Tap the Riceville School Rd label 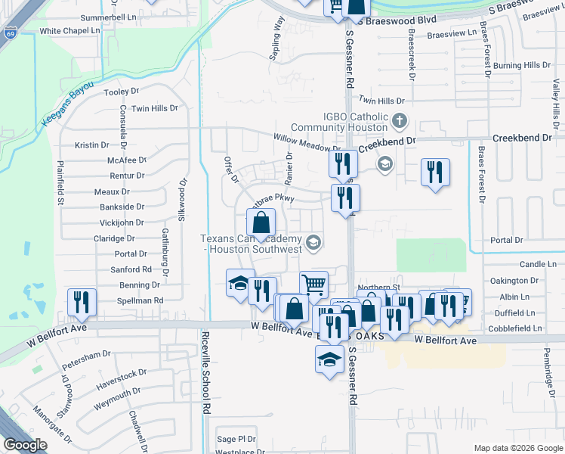pos(205,371)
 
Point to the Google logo pos(26,445)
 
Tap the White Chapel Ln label pos(69,31)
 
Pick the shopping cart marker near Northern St pos(313,284)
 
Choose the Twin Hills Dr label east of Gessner pos(381,101)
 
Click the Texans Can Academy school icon pos(314,242)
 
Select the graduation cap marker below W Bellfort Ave pos(329,359)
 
